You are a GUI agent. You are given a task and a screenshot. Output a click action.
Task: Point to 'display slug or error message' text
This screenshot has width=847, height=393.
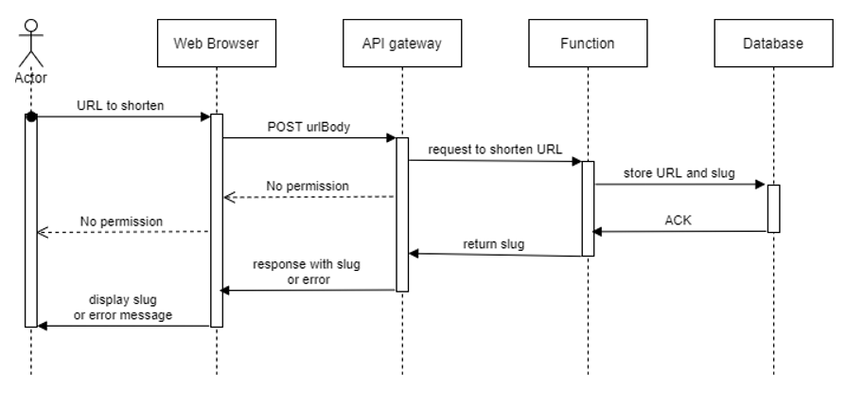[x=123, y=308]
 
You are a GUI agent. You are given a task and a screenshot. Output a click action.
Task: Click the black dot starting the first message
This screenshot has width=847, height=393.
[x=31, y=116]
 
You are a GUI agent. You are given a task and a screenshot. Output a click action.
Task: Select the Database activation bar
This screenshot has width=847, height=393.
[x=773, y=208]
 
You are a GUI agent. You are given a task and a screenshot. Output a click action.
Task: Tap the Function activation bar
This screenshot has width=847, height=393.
[x=587, y=208]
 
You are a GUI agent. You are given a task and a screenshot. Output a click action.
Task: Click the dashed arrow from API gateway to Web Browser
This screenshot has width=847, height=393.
[x=309, y=197]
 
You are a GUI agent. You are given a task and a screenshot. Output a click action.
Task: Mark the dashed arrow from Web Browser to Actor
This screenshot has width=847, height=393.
[x=123, y=232]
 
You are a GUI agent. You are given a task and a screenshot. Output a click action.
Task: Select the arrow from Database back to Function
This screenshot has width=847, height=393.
[x=679, y=231]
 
